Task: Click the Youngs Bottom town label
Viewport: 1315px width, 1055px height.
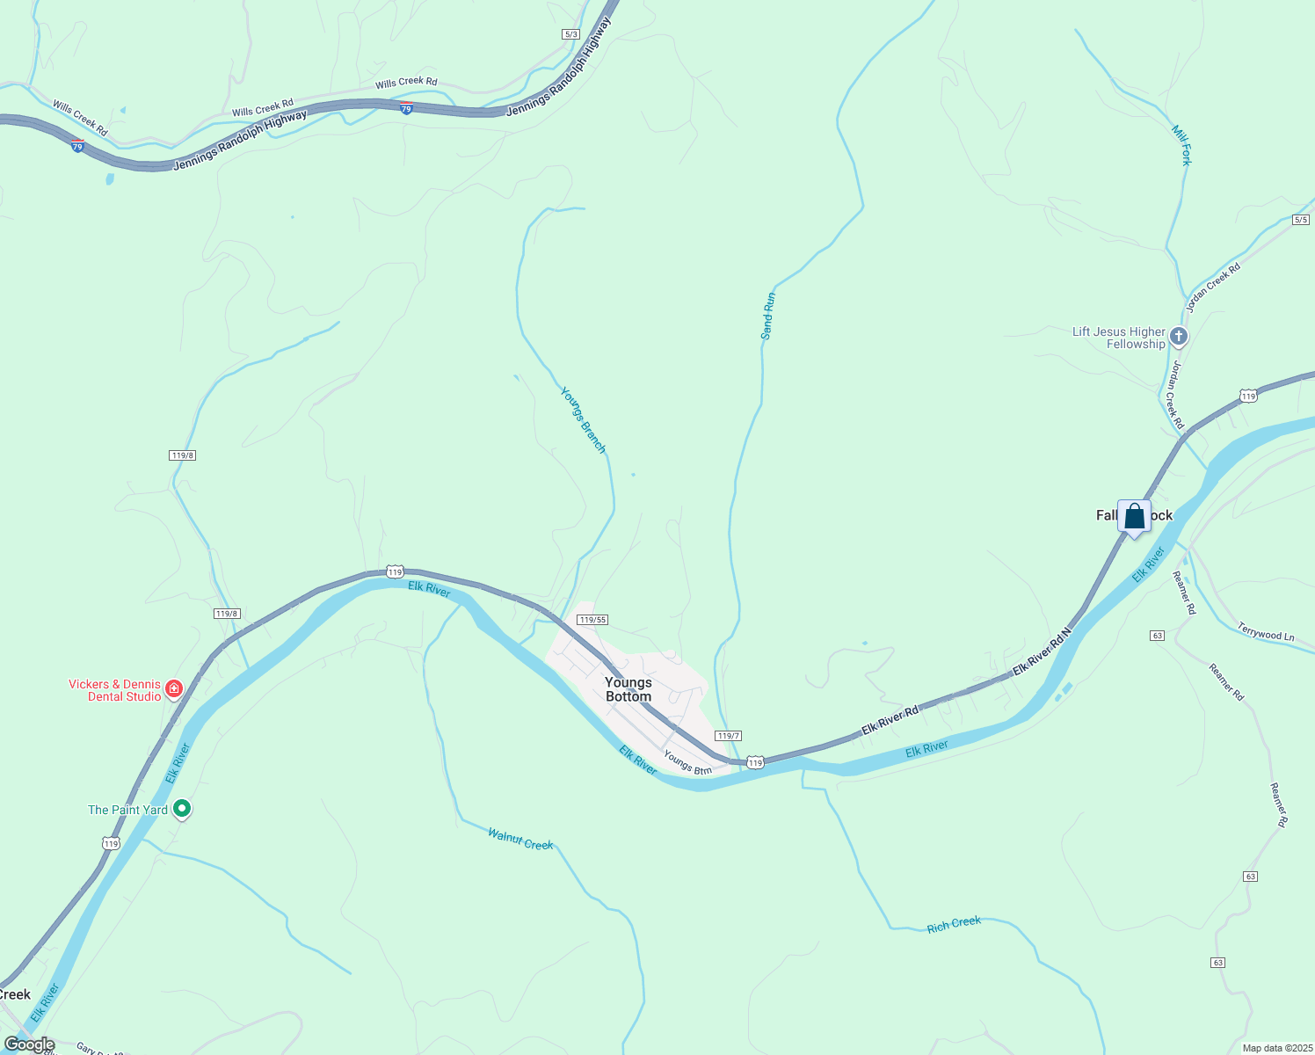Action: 628,689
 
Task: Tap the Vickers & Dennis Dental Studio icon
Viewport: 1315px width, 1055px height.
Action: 174,688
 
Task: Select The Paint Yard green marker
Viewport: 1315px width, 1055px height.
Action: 182,808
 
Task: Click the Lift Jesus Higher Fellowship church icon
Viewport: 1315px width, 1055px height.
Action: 1179,337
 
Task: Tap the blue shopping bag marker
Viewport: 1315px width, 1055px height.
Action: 1134,517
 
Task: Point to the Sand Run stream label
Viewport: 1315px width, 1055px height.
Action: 768,316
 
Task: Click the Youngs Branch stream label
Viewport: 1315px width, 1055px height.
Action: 584,420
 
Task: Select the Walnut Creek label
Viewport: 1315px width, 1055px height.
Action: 520,839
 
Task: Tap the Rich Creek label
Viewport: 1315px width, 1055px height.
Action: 954,924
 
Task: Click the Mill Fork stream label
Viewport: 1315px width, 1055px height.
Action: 1181,145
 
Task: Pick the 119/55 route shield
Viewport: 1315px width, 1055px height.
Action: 592,620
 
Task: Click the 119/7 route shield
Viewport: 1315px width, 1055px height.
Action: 728,736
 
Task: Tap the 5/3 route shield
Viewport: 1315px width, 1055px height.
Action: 571,34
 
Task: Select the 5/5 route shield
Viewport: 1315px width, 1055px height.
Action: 1301,220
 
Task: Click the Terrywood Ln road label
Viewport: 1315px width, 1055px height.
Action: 1266,631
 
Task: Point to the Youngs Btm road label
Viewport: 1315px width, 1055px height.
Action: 687,762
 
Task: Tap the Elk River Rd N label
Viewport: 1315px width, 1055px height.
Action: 1043,651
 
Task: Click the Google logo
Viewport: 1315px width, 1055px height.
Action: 29,1044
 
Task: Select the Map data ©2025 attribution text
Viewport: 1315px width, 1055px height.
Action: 1276,1048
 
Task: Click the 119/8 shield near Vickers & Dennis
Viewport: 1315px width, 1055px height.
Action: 227,614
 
